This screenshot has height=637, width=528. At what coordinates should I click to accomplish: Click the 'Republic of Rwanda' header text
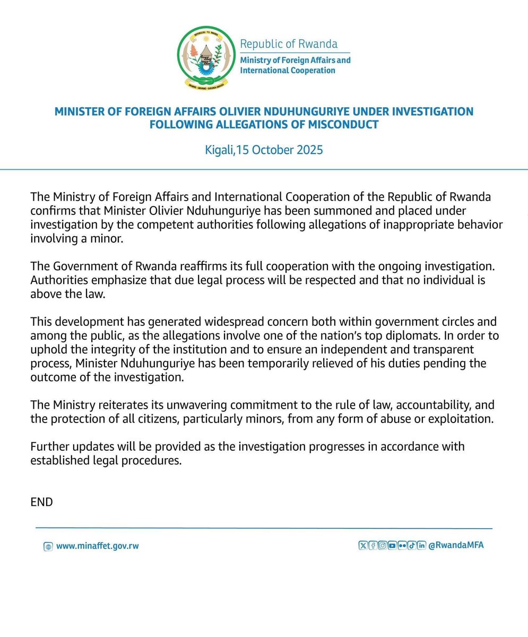coord(289,44)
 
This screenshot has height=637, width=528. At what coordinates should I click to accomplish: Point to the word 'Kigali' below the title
coord(219,150)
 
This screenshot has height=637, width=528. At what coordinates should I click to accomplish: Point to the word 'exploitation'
coord(461,419)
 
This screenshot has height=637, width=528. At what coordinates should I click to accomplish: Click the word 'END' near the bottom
coord(41,502)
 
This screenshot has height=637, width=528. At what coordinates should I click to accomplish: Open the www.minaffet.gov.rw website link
coord(97,546)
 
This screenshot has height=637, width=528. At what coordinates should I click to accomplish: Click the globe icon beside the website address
coord(48,546)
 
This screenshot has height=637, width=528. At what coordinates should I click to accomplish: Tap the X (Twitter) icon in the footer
coord(363,545)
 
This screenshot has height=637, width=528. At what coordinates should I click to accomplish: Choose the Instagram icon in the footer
coord(383,545)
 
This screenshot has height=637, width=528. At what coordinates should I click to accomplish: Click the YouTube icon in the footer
coord(392,545)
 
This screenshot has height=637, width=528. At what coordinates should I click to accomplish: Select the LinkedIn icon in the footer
coord(421,545)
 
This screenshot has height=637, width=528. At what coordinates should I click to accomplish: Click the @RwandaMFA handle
coord(456,545)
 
